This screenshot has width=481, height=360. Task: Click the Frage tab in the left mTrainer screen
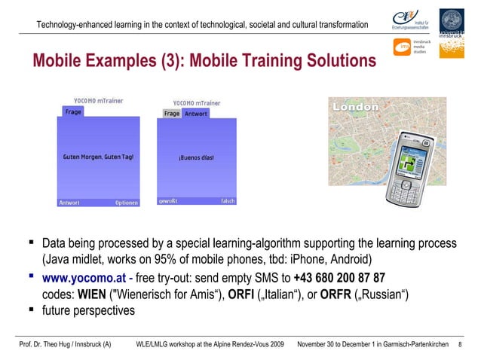(73, 111)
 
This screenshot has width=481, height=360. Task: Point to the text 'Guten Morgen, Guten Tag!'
(99, 157)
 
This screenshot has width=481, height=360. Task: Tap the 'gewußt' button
(168, 201)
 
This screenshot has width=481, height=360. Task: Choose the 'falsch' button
(228, 201)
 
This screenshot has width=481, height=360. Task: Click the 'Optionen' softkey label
(126, 203)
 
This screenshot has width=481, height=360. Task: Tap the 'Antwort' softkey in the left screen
(69, 203)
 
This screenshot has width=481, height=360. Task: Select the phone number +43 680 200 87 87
(339, 276)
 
